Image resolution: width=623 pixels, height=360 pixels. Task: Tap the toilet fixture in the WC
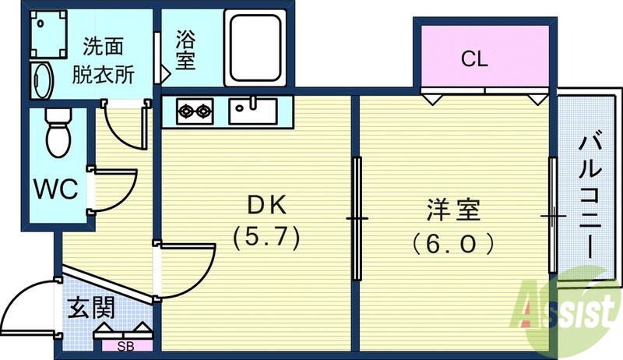click(x=57, y=133)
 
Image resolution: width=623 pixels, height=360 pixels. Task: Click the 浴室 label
click(x=185, y=48)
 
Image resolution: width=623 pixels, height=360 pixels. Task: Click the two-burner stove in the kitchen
click(x=195, y=111)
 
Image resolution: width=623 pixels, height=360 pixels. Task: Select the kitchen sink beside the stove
click(x=252, y=110)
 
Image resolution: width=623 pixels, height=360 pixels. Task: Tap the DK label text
click(x=267, y=204)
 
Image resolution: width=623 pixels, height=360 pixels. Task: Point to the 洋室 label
click(x=454, y=210)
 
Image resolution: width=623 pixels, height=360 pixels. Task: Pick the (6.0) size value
click(x=454, y=244)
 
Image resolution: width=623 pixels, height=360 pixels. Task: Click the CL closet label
click(x=474, y=58)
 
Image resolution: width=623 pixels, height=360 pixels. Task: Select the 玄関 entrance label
click(x=91, y=308)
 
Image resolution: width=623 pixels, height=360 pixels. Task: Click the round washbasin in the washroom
click(x=41, y=80)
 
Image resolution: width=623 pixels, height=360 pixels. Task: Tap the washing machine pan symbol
click(x=50, y=34)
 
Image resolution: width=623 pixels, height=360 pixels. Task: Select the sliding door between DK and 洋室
click(x=357, y=218)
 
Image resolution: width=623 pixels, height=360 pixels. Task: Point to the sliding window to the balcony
click(x=552, y=214)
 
